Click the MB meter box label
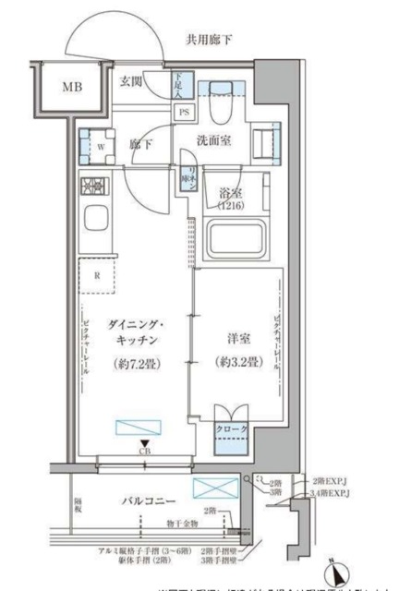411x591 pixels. click(x=71, y=88)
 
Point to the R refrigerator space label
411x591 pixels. click(x=96, y=274)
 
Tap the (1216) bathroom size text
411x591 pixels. click(x=231, y=208)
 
